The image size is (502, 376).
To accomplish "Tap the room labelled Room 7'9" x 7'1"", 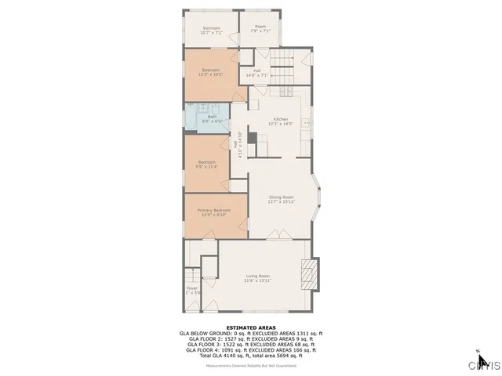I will click(x=260, y=30).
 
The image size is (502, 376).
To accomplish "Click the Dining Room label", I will click(x=282, y=197).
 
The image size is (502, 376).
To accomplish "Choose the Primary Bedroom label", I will click(x=213, y=211).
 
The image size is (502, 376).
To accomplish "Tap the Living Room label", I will click(x=257, y=276).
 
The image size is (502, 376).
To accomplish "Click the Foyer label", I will click(x=192, y=288).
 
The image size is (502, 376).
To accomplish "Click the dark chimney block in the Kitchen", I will click(x=252, y=138).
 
